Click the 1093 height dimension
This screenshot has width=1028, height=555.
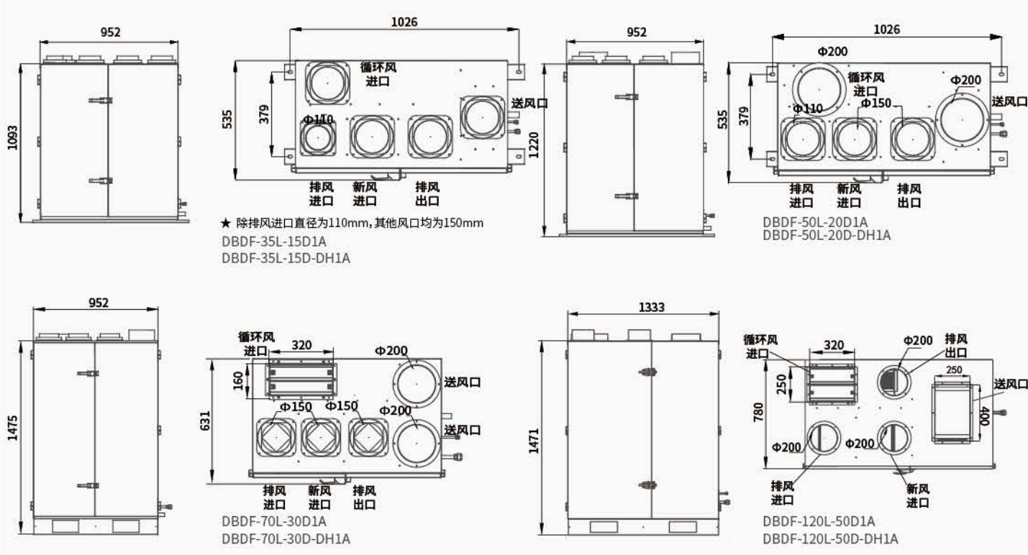[12, 137]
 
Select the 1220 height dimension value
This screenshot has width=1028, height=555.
[533, 145]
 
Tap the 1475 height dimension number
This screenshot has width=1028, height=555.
[12, 428]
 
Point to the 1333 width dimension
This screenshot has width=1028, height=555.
[651, 307]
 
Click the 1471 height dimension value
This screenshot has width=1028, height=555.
[533, 441]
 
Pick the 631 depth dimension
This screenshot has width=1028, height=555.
[205, 421]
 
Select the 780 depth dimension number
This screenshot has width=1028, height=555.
[758, 412]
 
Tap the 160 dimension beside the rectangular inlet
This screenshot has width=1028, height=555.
[237, 381]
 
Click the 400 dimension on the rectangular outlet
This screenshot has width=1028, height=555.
[983, 416]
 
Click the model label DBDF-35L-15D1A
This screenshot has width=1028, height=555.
[274, 242]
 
